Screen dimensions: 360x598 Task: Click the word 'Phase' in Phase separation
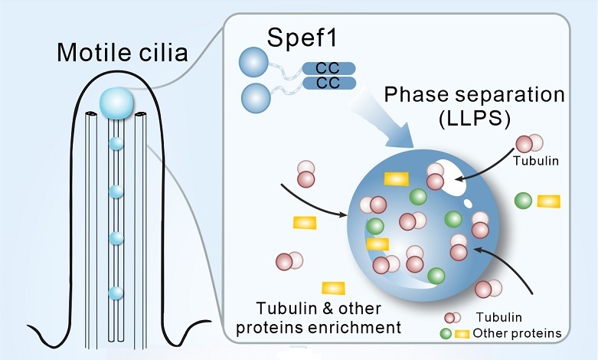click(417, 95)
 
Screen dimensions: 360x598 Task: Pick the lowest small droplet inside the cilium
click(116, 293)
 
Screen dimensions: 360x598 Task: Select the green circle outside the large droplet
click(524, 201)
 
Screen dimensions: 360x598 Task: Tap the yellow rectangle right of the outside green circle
click(548, 201)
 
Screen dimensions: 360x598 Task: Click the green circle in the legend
click(444, 333)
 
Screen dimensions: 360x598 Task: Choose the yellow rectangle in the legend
click(462, 333)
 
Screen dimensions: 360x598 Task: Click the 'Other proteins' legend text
click(518, 333)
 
